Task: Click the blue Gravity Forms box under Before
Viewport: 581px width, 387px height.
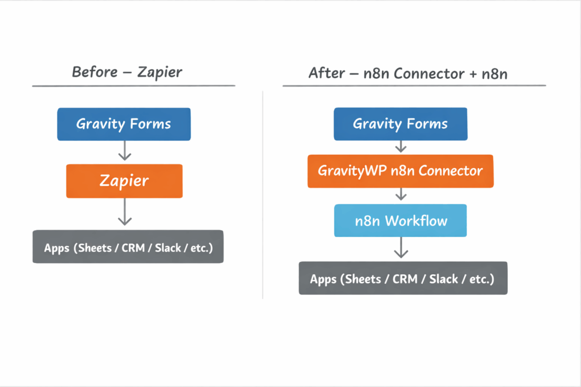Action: pos(124,124)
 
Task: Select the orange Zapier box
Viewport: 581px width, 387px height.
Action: pos(124,181)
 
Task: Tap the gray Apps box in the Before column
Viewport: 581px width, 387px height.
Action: pos(128,246)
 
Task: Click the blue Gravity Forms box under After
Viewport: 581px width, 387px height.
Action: pos(400,124)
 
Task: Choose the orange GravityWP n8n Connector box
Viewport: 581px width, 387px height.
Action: pos(400,171)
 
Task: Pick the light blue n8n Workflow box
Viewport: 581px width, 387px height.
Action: pos(401,220)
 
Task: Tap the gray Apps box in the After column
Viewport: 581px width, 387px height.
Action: pos(403,278)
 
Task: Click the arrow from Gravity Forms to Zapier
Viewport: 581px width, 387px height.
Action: pos(124,151)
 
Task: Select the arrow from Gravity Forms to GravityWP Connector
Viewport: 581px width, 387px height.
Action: pos(401,147)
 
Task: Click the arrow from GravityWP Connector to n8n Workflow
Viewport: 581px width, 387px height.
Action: pos(401,195)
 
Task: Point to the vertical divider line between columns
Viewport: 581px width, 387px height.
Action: pos(263,193)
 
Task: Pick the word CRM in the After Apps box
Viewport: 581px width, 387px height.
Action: pos(405,279)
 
